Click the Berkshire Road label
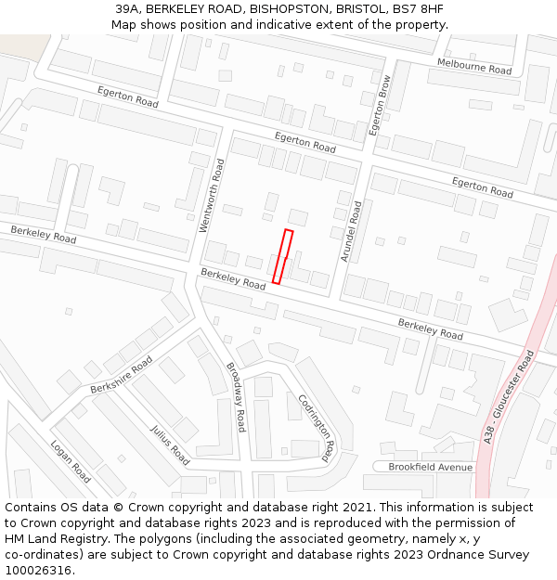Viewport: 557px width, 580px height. point(122,373)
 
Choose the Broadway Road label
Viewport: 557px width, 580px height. point(236,397)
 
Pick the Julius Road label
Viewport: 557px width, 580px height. point(170,445)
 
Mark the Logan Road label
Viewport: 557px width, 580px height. point(71,461)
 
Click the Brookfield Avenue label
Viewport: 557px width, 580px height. point(430,467)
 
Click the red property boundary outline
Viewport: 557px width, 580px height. point(282,256)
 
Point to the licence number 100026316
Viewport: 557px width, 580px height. point(39,571)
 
